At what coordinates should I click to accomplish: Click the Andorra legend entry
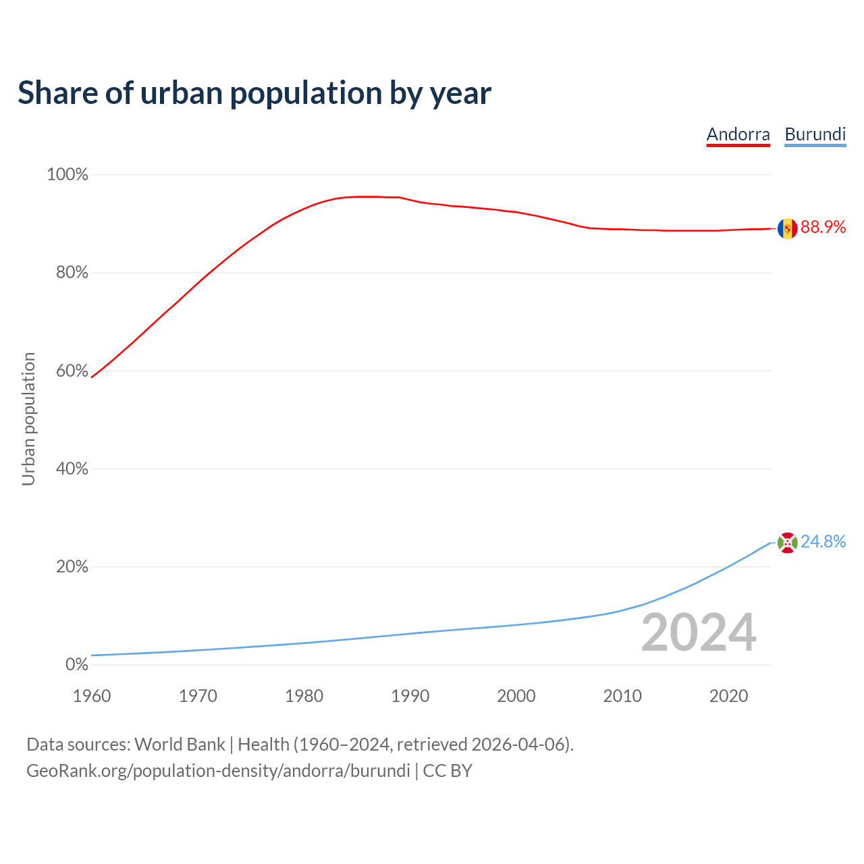738,134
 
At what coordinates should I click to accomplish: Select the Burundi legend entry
815,134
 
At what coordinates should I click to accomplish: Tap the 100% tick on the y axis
67,175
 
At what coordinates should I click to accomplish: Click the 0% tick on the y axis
76,665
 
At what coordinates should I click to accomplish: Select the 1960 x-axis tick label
92,696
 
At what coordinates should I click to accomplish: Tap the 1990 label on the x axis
410,696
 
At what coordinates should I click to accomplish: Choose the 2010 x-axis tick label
622,696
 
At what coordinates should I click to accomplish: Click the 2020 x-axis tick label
728,696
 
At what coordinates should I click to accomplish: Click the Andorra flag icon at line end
787,229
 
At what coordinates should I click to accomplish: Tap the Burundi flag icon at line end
787,543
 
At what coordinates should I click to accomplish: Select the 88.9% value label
823,227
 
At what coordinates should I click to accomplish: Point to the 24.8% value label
823,542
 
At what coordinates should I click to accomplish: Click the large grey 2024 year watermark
699,633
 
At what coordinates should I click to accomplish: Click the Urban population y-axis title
28,418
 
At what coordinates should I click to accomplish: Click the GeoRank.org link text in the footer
218,771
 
